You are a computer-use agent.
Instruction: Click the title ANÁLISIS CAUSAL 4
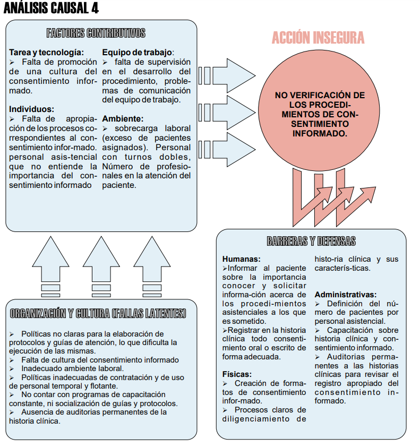(51, 8)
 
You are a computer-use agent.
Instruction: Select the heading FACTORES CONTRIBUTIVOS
(96, 33)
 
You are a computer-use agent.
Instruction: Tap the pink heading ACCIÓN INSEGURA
(318, 38)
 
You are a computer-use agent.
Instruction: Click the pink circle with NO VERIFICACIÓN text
(319, 114)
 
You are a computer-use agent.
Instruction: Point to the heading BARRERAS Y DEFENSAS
(311, 242)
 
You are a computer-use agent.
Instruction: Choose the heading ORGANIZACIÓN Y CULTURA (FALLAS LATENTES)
(98, 313)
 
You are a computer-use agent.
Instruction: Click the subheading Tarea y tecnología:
(47, 53)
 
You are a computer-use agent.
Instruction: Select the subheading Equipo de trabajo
(138, 53)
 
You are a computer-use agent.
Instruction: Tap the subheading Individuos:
(31, 109)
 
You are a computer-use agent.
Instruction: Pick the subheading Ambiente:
(123, 119)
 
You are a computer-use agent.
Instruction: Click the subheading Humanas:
(242, 259)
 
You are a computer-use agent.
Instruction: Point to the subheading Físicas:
(237, 374)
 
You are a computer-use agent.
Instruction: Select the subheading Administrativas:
(346, 294)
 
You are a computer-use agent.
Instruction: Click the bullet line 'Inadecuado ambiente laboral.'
(72, 368)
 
